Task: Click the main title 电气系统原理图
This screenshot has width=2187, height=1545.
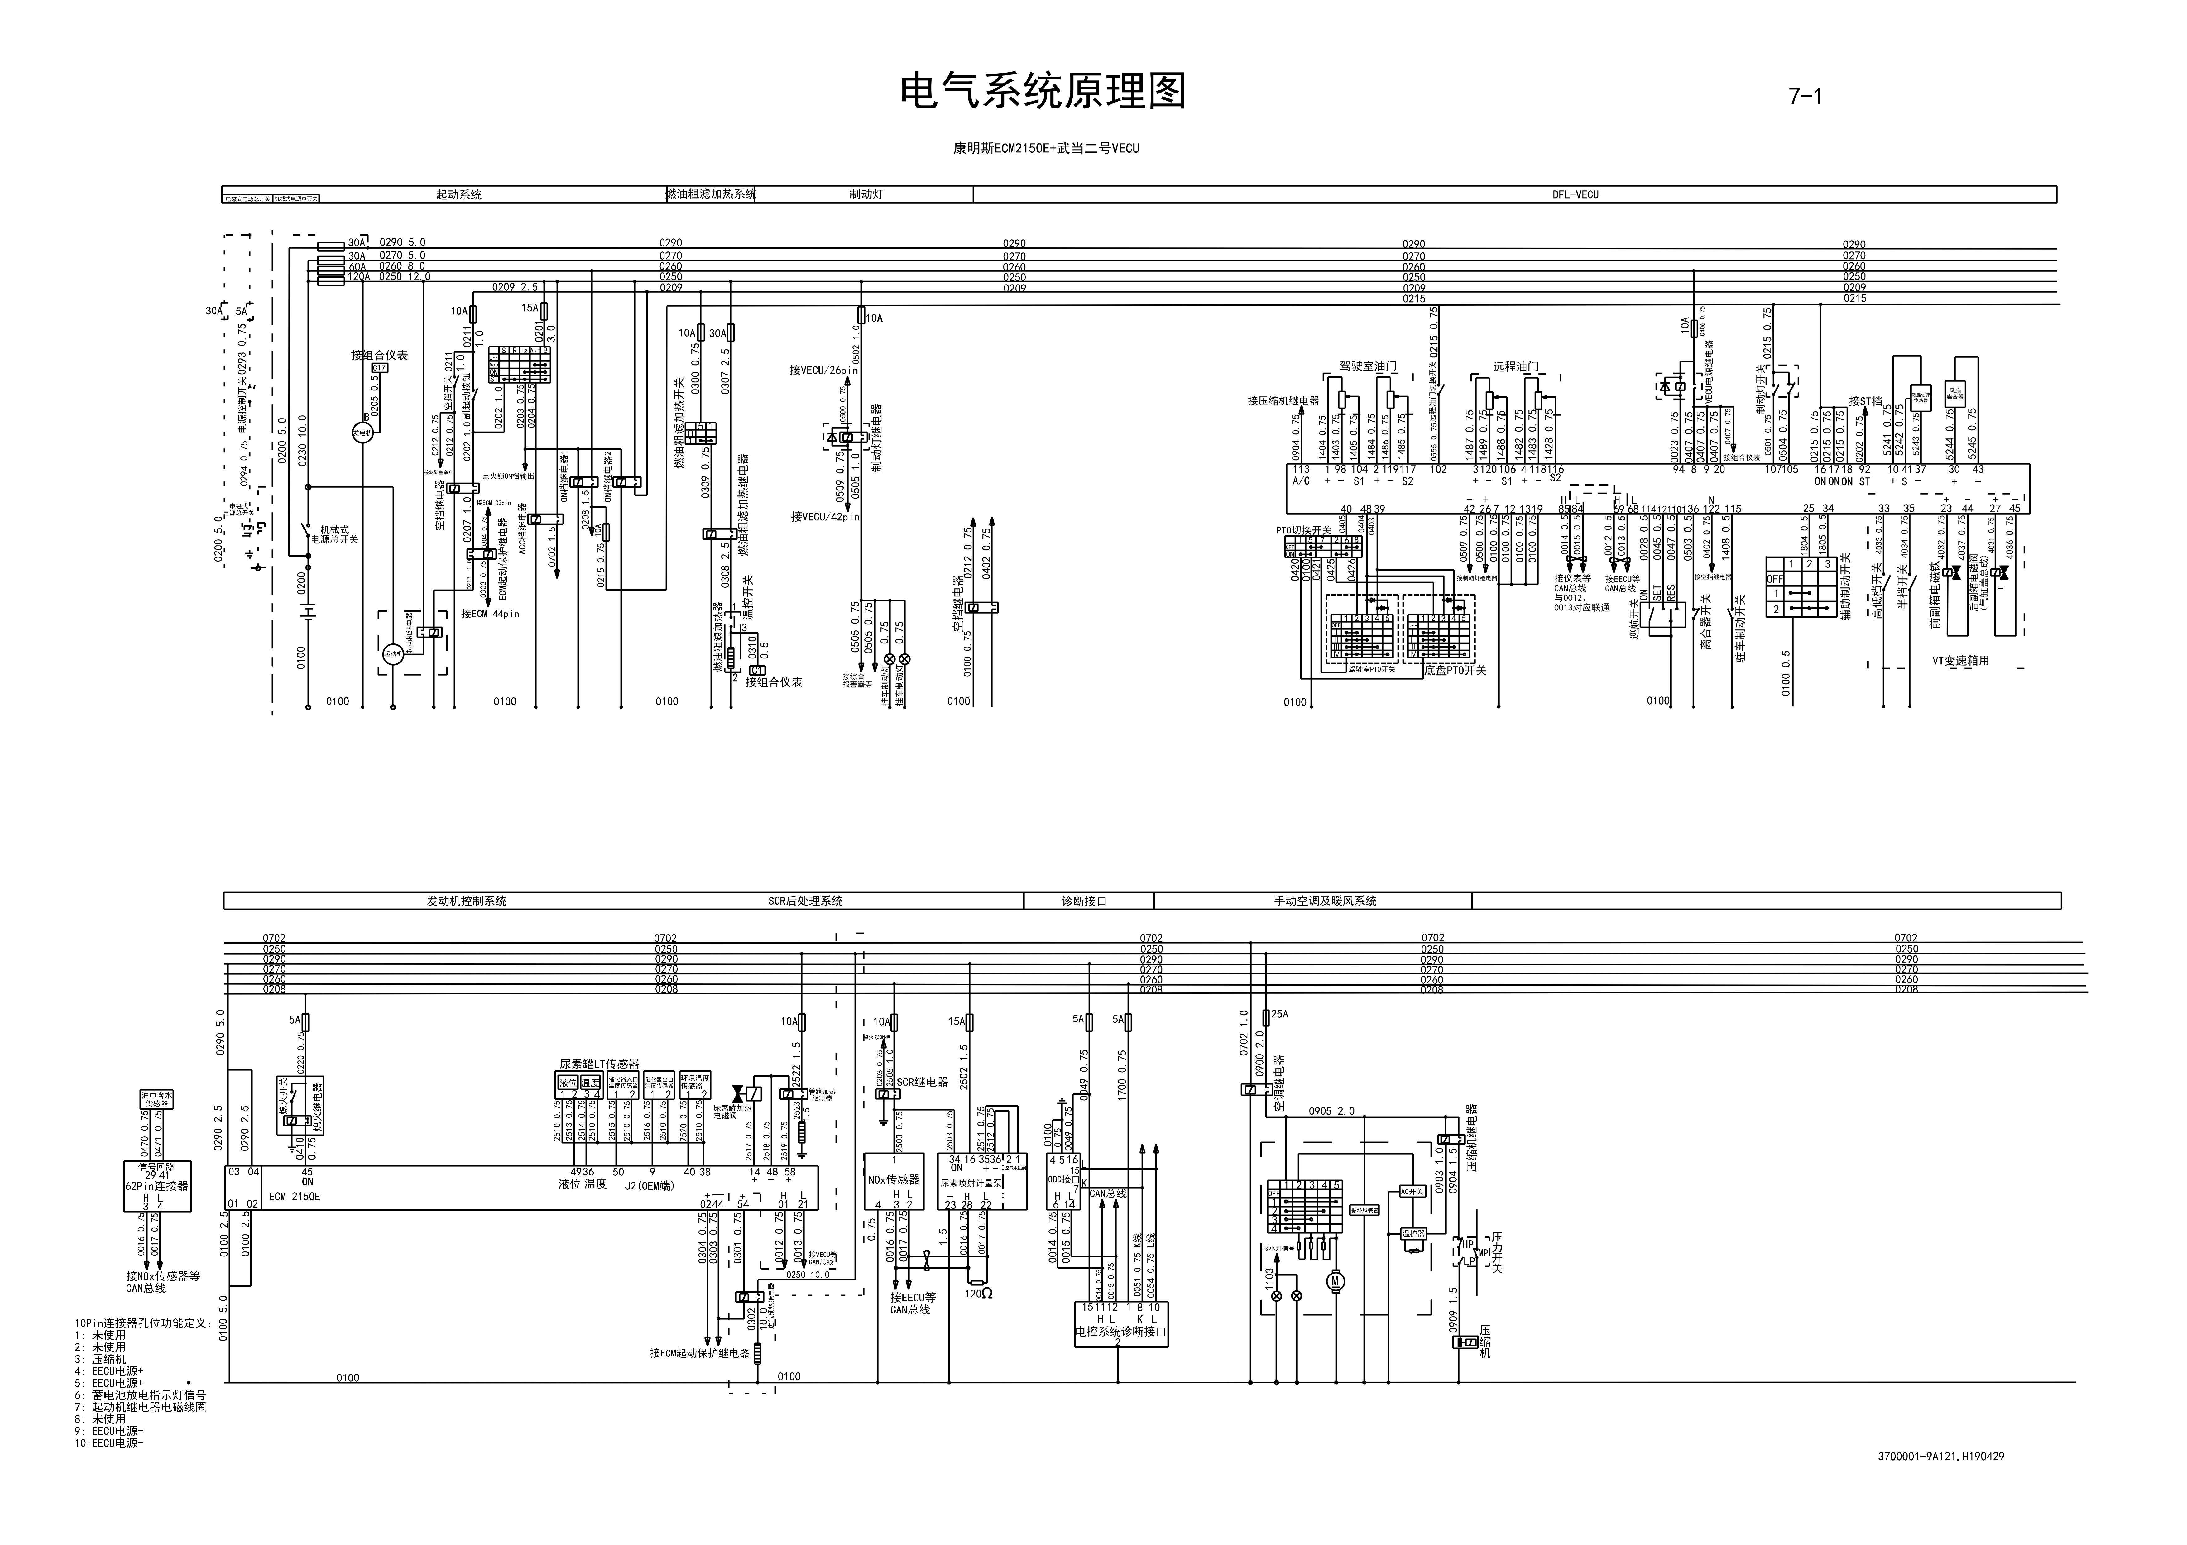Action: (x=1043, y=93)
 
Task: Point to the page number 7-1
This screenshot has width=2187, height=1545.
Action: (x=1804, y=96)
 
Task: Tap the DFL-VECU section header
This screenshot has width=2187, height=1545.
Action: (x=1575, y=194)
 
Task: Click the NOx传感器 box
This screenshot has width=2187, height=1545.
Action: (x=894, y=1179)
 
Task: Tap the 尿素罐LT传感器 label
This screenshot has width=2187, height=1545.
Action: (x=599, y=1064)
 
